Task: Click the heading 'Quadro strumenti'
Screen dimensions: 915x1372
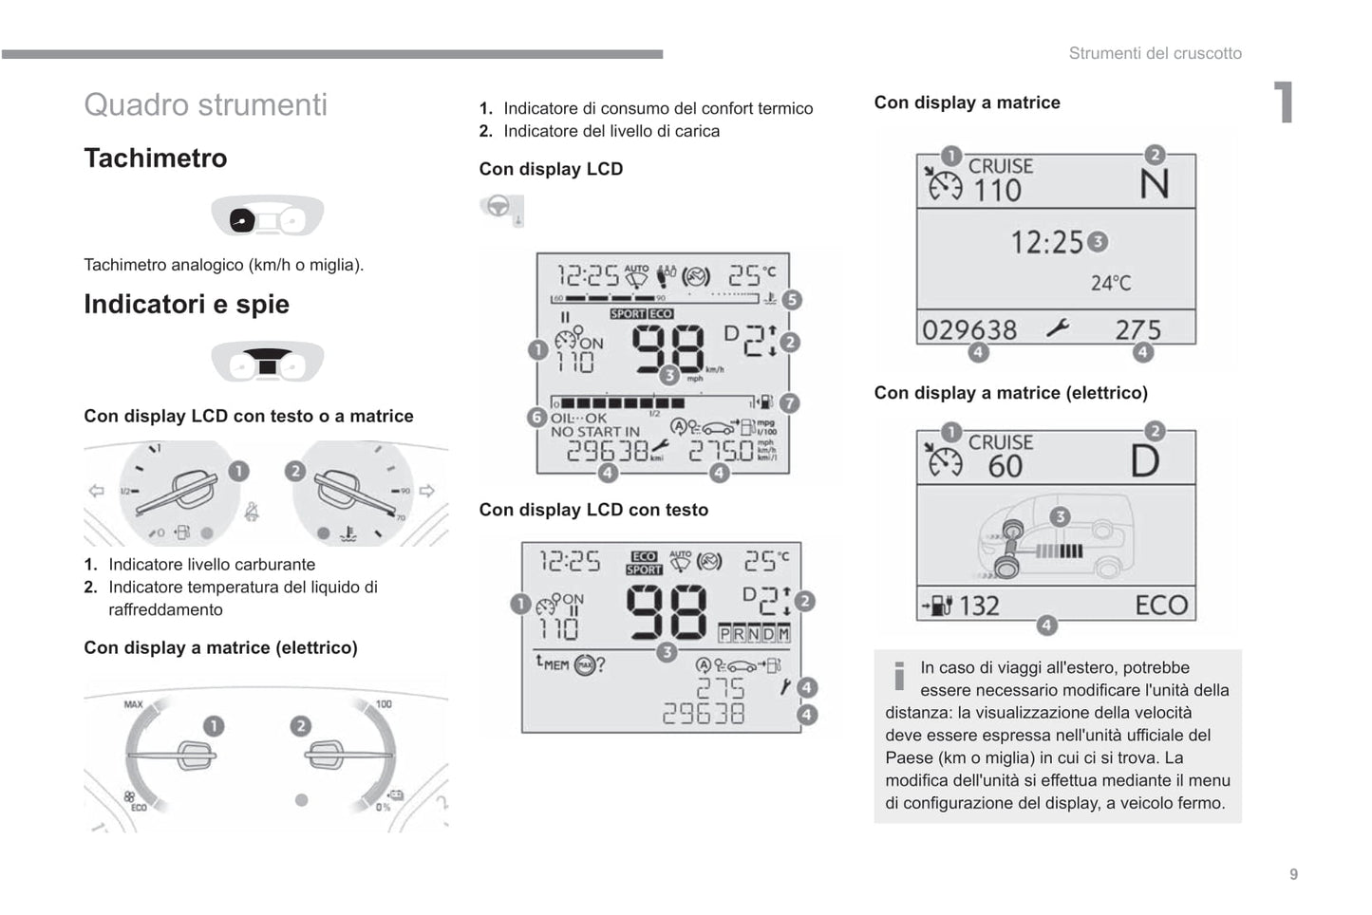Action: pos(205,104)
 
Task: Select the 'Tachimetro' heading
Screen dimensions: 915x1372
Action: pos(156,158)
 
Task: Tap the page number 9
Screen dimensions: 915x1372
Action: pos(1293,874)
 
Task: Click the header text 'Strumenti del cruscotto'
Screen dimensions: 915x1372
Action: pos(1155,53)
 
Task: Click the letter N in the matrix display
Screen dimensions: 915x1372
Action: pos(1154,183)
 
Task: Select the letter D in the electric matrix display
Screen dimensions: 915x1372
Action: pos(1145,461)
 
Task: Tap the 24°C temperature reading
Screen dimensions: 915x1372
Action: pos(1111,283)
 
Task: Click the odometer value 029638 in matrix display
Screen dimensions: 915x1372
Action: pos(969,329)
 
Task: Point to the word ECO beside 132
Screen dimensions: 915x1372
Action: pos(1160,605)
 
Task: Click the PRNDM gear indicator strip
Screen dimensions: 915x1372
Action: pos(754,633)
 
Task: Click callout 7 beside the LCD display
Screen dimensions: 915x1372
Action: pos(789,403)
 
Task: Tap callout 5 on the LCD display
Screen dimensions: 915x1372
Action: pos(791,300)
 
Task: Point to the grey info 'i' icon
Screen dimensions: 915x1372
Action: pos(898,675)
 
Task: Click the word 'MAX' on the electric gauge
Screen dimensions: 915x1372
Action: pos(133,703)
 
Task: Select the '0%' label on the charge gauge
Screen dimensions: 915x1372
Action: pos(383,807)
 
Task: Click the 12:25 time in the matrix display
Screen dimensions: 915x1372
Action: pos(1046,243)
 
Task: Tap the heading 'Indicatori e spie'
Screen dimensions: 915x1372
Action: pos(186,304)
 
